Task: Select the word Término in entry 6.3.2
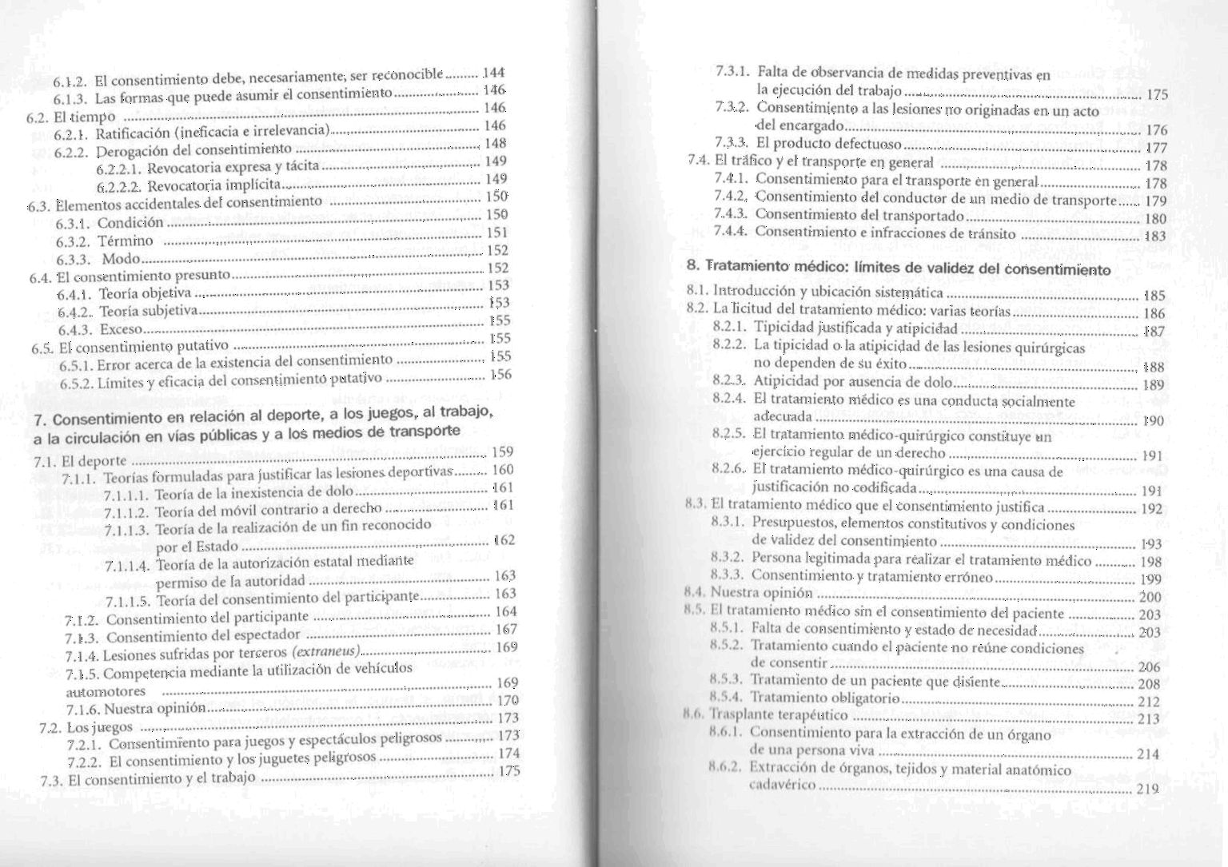[126, 241]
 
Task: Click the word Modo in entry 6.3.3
[122, 259]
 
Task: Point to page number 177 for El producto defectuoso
[1157, 148]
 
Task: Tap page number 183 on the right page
[1156, 236]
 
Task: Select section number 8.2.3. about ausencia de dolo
[729, 380]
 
